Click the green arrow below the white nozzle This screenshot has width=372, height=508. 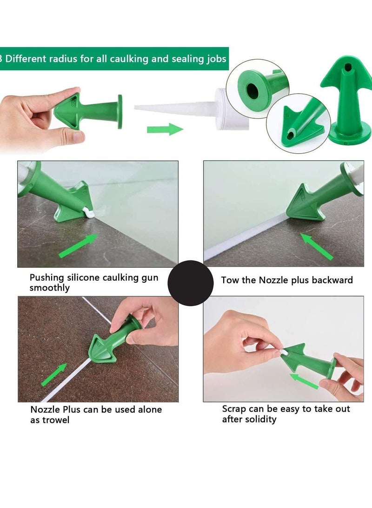(x=165, y=129)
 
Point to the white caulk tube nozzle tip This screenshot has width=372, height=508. (x=135, y=107)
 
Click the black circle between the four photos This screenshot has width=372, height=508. (x=191, y=283)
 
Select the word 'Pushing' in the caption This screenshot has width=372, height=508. (x=47, y=278)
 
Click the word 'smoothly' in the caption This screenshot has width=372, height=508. (x=49, y=288)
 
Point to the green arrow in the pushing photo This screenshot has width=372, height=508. (x=78, y=245)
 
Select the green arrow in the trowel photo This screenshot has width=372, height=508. (x=54, y=374)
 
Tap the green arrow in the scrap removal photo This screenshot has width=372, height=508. (x=304, y=381)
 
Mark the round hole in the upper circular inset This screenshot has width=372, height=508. (x=252, y=91)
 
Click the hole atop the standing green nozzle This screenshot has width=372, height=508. (x=347, y=68)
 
